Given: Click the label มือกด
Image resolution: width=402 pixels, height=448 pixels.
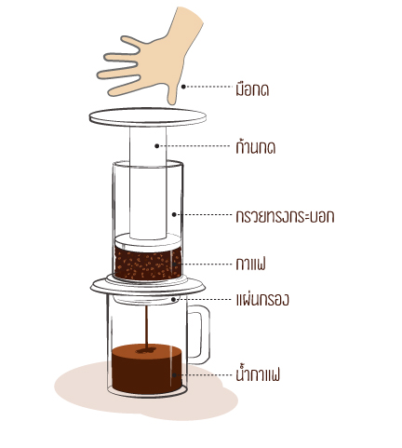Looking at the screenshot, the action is [252, 89].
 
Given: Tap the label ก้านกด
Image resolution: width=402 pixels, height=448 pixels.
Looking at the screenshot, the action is [256, 146].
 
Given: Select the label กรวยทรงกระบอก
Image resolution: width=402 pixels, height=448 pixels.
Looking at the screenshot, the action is [285, 216].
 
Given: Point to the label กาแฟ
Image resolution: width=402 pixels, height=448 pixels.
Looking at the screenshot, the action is [250, 265].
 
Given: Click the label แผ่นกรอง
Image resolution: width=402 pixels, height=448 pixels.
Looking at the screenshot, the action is [262, 300].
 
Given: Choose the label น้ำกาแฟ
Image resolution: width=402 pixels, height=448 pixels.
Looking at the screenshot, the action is [258, 374].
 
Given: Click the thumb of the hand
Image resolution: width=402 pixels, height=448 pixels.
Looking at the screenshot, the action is [172, 92].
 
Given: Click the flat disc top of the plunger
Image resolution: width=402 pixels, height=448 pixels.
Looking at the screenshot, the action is [148, 117].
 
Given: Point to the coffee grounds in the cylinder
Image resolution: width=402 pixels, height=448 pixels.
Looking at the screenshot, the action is [148, 263].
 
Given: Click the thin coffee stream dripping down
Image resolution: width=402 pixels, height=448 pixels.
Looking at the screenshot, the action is [147, 327].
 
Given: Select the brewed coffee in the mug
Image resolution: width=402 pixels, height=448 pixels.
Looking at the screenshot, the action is [147, 369].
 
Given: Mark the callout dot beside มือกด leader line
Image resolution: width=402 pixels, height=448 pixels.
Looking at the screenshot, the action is [183, 87].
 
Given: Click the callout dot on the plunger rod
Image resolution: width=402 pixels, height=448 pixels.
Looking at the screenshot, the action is [157, 145].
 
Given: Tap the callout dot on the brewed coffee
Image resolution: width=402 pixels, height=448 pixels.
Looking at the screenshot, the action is [175, 375].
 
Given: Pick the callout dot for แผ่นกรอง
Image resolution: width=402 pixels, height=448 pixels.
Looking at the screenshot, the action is [174, 300].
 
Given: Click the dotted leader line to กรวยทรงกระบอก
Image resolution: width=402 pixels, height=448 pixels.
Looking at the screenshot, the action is [204, 214].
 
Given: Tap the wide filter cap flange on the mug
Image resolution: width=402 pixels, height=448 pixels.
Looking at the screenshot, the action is [148, 286].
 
